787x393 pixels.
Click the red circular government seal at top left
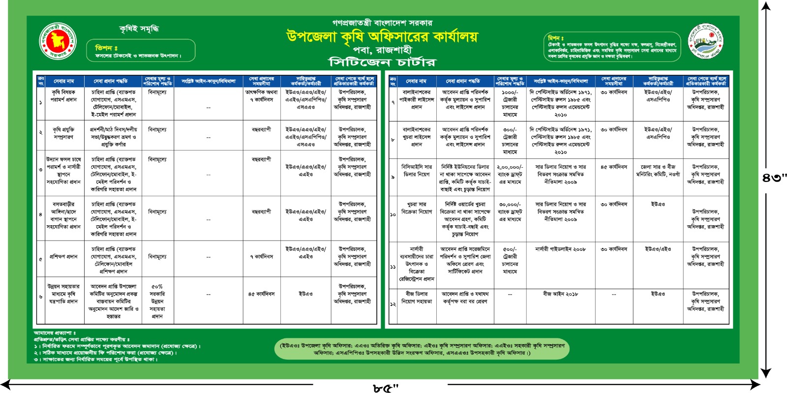pyautogui.click(x=58, y=42)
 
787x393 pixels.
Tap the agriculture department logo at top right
pyautogui.click(x=705, y=41)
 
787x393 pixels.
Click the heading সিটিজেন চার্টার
pyautogui.click(x=382, y=62)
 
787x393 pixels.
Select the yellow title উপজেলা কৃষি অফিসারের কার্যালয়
pyautogui.click(x=382, y=36)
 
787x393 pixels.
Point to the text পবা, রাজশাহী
pyautogui.click(x=382, y=50)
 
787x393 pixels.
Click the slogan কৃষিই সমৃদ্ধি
pyautogui.click(x=139, y=29)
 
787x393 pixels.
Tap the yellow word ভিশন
pyautogui.click(x=106, y=48)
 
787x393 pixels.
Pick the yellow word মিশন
pyautogui.click(x=556, y=38)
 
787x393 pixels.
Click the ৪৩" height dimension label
pyautogui.click(x=775, y=178)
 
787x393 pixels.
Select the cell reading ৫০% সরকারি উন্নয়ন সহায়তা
pyautogui.click(x=157, y=301)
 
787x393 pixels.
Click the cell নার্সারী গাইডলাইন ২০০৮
pyautogui.click(x=560, y=249)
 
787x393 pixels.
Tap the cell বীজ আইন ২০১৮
pyautogui.click(x=560, y=294)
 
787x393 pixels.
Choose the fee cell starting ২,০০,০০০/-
pyautogui.click(x=510, y=174)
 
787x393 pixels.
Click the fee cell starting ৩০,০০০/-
pyautogui.click(x=510, y=212)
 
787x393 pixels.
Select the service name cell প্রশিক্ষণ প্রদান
pyautogui.click(x=63, y=257)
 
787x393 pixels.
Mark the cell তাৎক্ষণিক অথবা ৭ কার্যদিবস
pyautogui.click(x=261, y=95)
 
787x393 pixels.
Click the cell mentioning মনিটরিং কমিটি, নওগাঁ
pyautogui.click(x=658, y=171)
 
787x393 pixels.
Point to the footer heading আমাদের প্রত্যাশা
pyautogui.click(x=55, y=333)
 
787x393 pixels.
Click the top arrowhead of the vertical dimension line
pyautogui.click(x=766, y=6)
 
